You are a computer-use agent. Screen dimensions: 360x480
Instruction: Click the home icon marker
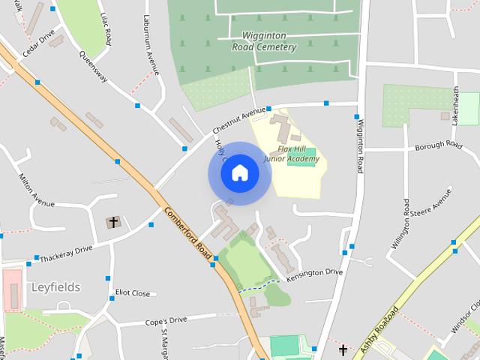click(239, 173)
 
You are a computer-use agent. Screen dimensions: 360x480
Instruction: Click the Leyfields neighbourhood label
click(55, 287)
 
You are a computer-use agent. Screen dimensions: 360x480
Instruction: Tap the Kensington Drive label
click(314, 272)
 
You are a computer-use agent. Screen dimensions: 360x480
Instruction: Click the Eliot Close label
click(132, 293)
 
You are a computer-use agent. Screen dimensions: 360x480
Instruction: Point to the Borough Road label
click(438, 144)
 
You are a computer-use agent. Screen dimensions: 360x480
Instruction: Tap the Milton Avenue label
click(35, 191)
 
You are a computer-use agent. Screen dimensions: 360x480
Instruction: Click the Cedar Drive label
click(38, 43)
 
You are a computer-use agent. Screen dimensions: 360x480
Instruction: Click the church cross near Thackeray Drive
click(113, 222)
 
